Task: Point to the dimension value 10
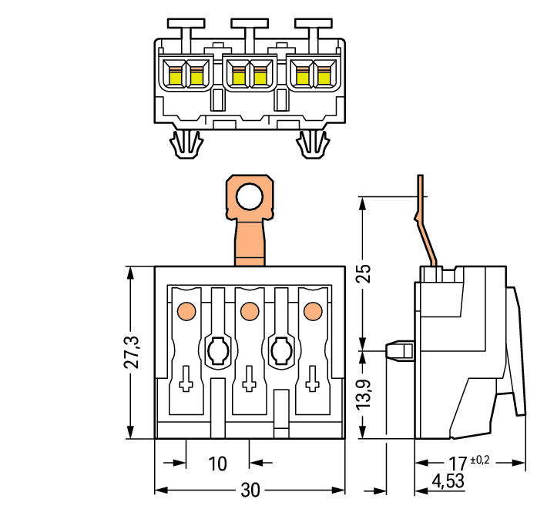pyautogui.click(x=218, y=464)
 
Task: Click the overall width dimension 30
pyautogui.click(x=249, y=491)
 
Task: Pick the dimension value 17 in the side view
pyautogui.click(x=458, y=464)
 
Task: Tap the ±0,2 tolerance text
pyautogui.click(x=479, y=460)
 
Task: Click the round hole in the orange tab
pyautogui.click(x=248, y=198)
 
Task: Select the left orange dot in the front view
pyautogui.click(x=185, y=311)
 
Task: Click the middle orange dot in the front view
pyautogui.click(x=248, y=311)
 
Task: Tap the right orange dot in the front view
pyautogui.click(x=312, y=311)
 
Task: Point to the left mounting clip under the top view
pyautogui.click(x=186, y=144)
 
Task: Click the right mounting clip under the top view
pyautogui.click(x=313, y=144)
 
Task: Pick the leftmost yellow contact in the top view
pyautogui.click(x=176, y=75)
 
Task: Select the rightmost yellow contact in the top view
pyautogui.click(x=324, y=75)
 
